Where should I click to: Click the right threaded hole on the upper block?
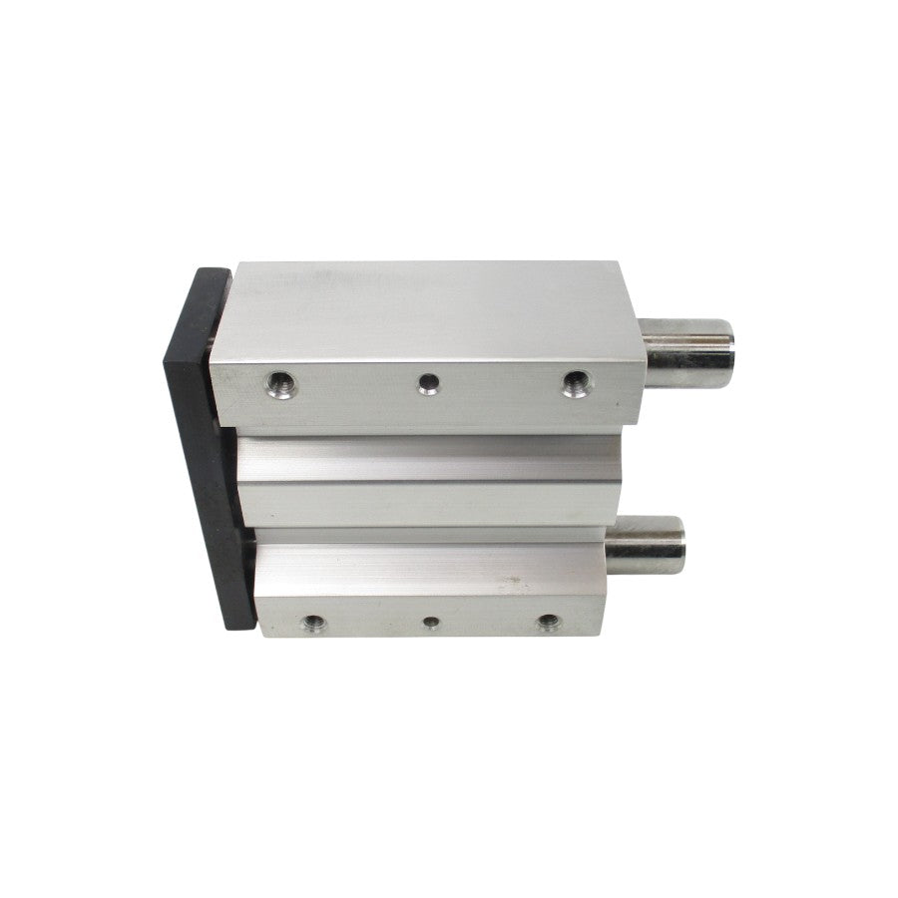573,382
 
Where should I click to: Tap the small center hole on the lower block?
431,624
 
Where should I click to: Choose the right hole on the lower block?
546,624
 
